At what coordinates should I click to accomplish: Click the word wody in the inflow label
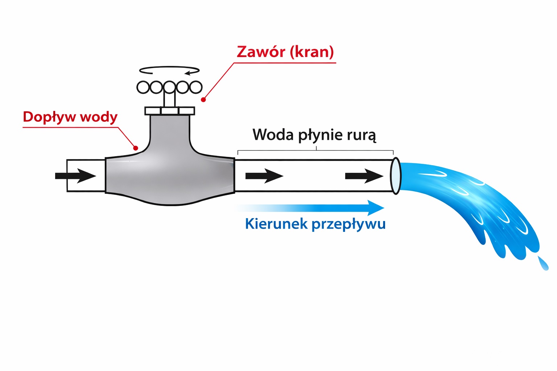tap(99, 117)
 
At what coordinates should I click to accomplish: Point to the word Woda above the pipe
tap(273, 135)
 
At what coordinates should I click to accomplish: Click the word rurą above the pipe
tap(360, 135)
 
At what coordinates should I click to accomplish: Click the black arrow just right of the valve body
tap(264, 176)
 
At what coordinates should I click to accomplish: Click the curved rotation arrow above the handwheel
tap(170, 70)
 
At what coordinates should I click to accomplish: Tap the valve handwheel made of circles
tap(169, 87)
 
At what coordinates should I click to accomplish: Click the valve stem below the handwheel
tap(169, 100)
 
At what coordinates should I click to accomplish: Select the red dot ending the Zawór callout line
tap(204, 100)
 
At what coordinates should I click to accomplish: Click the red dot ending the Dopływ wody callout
tap(136, 148)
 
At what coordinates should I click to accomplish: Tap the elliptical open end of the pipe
tap(396, 176)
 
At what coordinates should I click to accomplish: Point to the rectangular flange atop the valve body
tap(170, 111)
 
